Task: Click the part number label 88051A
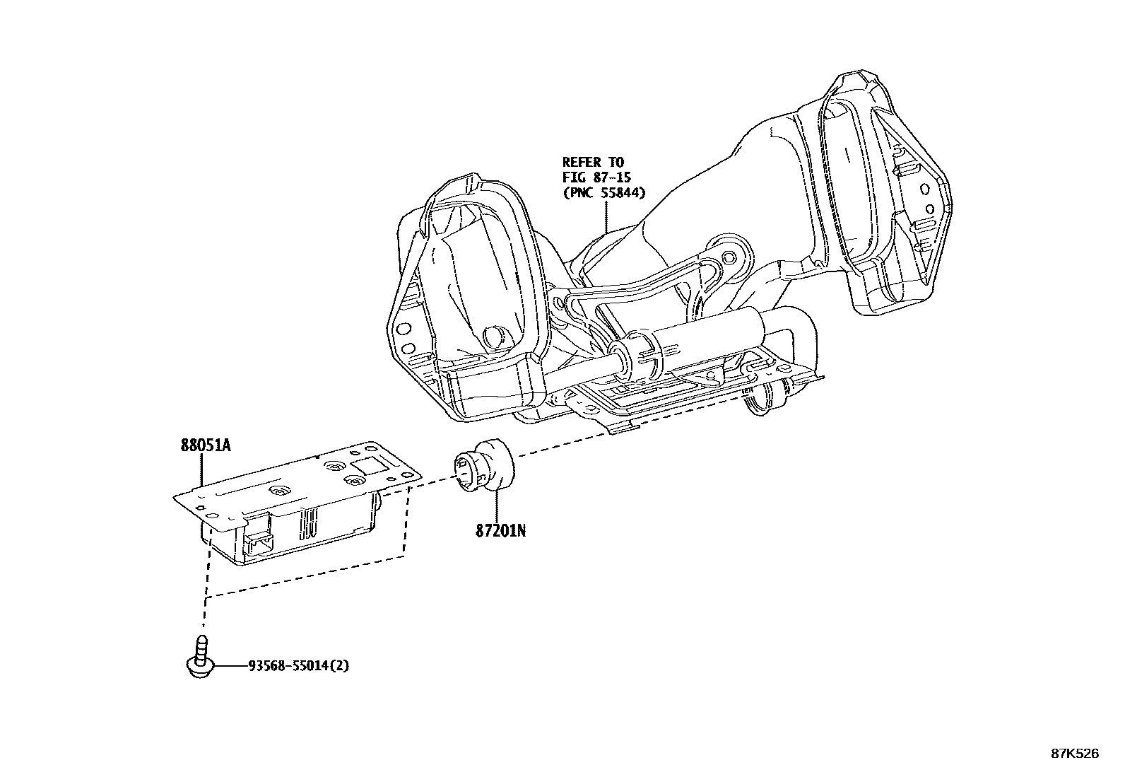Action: tap(206, 445)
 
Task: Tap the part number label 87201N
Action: tap(500, 530)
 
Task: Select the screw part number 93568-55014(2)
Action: tap(298, 665)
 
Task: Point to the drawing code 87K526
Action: tap(1075, 754)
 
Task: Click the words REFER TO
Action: tap(593, 163)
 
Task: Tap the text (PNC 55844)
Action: tap(604, 193)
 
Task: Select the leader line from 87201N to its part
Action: tap(497, 506)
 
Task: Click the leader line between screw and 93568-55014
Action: tap(229, 666)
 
